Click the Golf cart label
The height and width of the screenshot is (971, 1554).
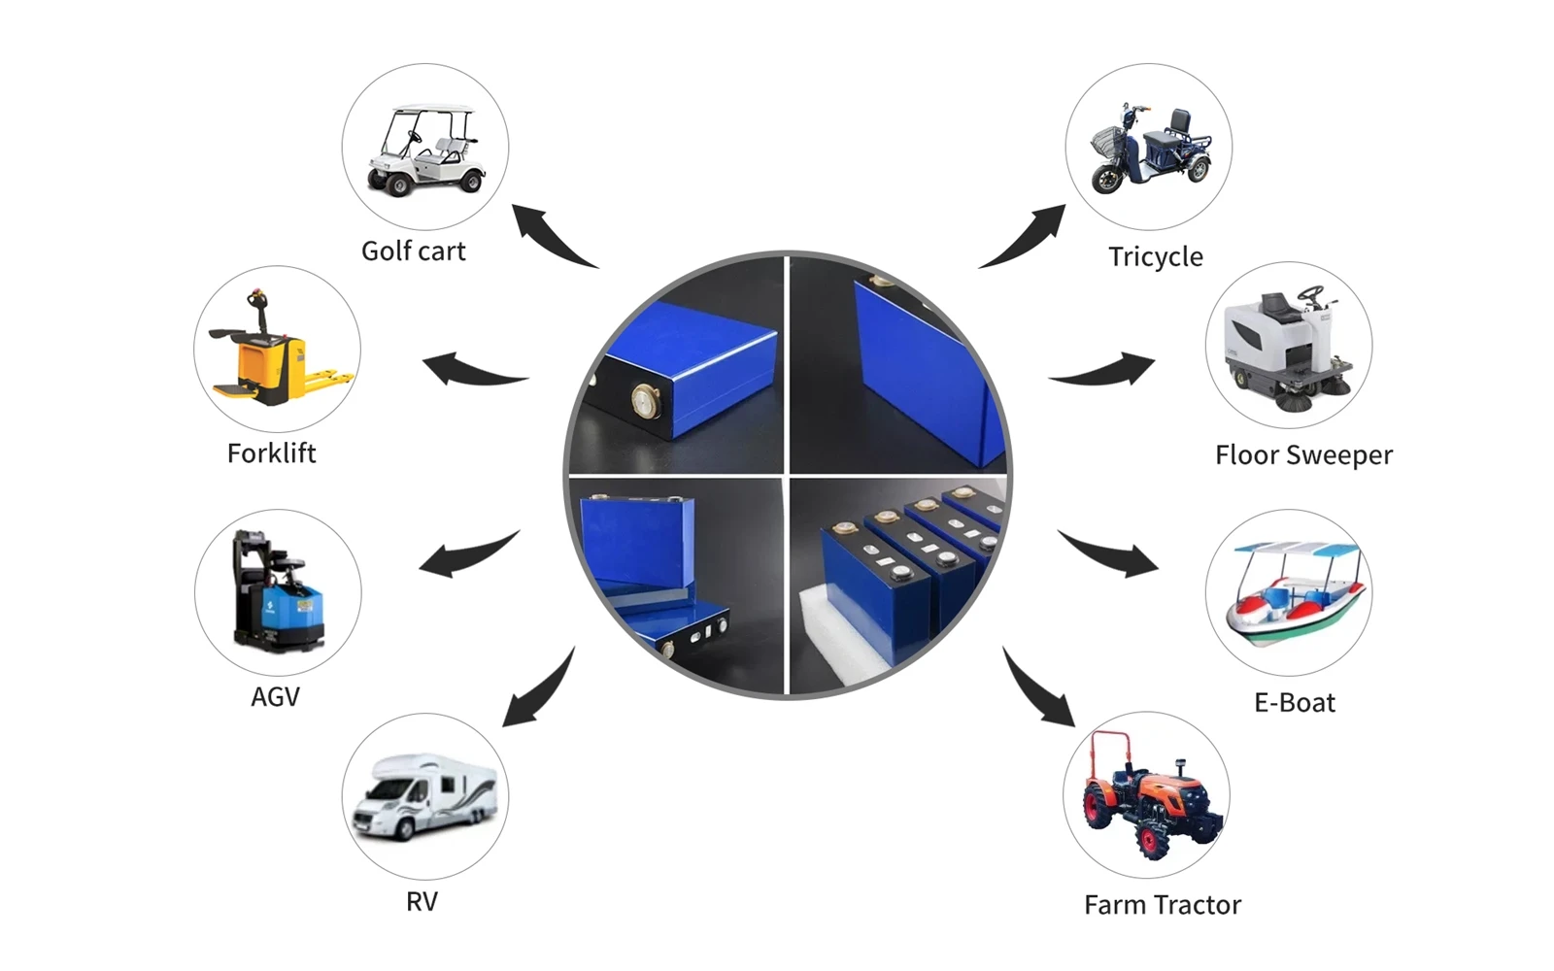coord(414,251)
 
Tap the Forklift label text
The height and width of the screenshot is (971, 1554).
coord(271,453)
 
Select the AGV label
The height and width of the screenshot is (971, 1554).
coord(276,697)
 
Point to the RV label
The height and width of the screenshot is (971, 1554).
coord(422,902)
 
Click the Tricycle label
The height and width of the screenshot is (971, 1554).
coord(1156,257)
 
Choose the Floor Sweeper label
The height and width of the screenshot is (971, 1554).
coord(1303,455)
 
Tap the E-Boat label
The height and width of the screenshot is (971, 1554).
coord(1295,703)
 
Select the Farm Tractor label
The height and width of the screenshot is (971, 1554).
coord(1163,905)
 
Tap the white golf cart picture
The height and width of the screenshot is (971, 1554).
coord(424,150)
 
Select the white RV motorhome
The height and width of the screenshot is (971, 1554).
coord(424,797)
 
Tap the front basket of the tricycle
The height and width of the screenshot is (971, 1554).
coord(1107,142)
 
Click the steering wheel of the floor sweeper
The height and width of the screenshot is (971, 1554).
coord(1310,292)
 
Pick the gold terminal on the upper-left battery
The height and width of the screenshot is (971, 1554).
coord(647,402)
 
